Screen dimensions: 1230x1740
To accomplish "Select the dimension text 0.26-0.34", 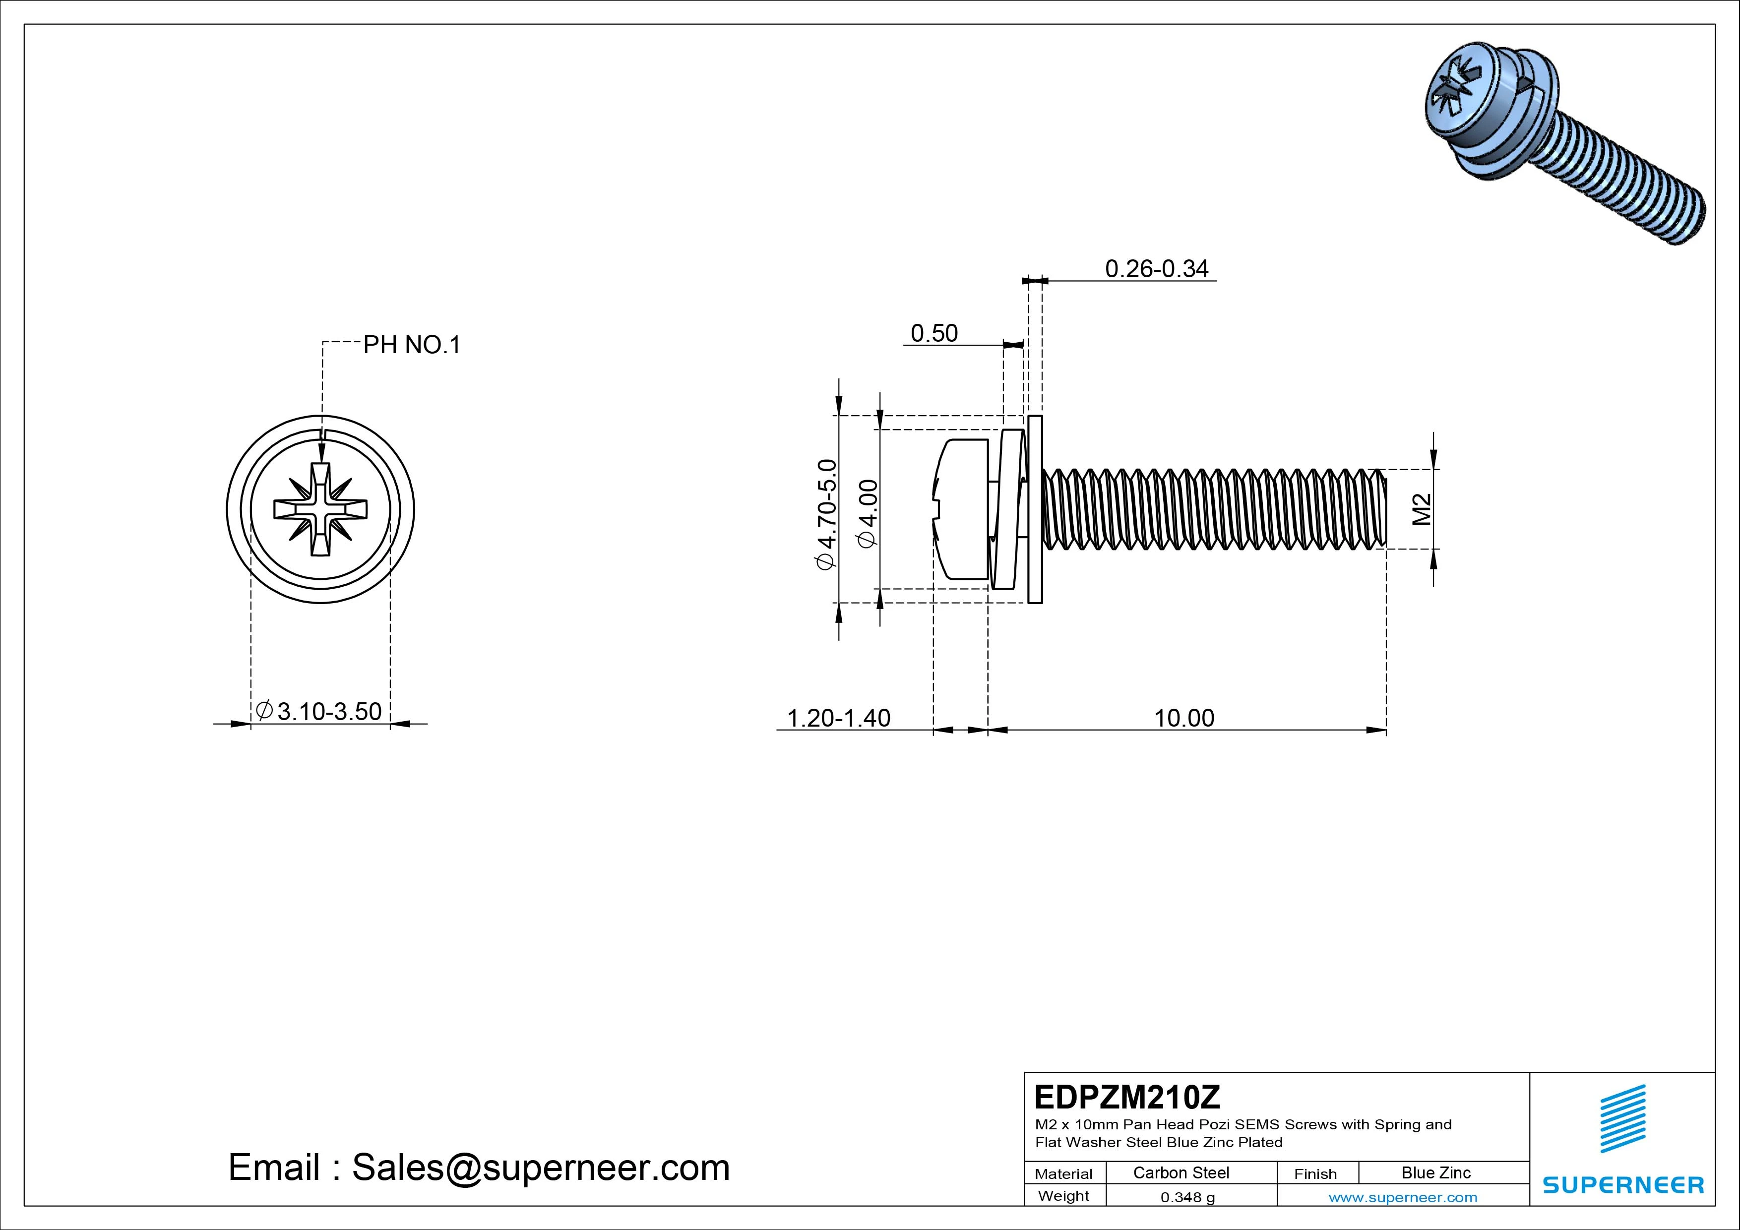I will pos(1157,269).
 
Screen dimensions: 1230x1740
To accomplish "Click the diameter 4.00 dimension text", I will pos(867,512).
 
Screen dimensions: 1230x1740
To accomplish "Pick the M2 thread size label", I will pos(1422,509).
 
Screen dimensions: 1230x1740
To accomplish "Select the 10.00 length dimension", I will pos(1184,718).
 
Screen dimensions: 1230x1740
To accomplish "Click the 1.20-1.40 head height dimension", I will pos(839,718).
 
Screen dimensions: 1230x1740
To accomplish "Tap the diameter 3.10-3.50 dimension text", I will pos(319,712).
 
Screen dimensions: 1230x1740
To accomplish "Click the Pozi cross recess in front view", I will pos(320,509).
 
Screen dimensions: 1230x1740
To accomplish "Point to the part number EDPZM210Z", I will pos(1127,1097).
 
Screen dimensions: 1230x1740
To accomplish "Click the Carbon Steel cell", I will pos(1181,1172).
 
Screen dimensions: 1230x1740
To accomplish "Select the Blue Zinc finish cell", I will pos(1435,1172).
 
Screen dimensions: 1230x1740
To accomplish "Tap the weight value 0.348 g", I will pos(1187,1197).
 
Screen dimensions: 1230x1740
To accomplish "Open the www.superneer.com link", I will pos(1402,1197).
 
